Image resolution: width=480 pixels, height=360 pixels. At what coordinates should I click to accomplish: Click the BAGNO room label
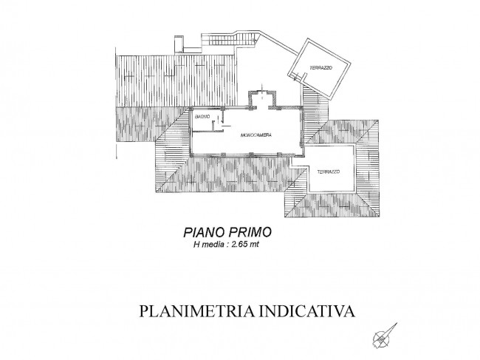pyautogui.click(x=202, y=116)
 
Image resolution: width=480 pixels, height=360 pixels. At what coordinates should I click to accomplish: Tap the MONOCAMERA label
pyautogui.click(x=256, y=135)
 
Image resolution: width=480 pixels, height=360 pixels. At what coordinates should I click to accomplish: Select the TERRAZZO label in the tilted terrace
pyautogui.click(x=320, y=68)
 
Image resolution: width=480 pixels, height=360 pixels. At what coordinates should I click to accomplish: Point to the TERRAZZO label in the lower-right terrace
pyautogui.click(x=329, y=172)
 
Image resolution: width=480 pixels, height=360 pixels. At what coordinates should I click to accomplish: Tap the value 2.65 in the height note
pyautogui.click(x=239, y=245)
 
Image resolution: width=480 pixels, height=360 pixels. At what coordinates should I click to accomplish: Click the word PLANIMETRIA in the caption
pyautogui.click(x=196, y=310)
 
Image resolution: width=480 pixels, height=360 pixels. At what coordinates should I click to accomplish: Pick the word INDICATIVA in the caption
pyautogui.click(x=307, y=310)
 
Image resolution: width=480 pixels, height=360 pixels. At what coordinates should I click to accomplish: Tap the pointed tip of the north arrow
pyautogui.click(x=397, y=322)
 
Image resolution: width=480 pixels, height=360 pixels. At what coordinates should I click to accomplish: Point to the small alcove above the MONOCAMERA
pyautogui.click(x=261, y=98)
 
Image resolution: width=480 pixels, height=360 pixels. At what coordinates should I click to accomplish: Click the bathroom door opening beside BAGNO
pyautogui.click(x=218, y=121)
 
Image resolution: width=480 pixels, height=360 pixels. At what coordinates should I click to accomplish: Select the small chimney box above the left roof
pyautogui.click(x=179, y=44)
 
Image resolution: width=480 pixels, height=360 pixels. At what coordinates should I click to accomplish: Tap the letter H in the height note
pyautogui.click(x=196, y=245)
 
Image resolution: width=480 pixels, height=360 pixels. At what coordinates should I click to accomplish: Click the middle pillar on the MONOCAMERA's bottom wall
pyautogui.click(x=251, y=154)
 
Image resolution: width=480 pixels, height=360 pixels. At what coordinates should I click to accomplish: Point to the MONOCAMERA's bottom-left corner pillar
pyautogui.click(x=191, y=154)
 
